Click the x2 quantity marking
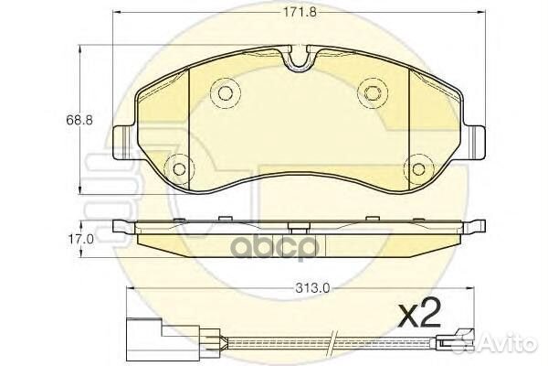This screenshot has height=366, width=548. pos(422,316)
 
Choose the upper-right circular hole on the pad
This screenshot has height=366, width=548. pos(371,91)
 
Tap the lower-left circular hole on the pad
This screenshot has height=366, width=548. pos(179,168)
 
